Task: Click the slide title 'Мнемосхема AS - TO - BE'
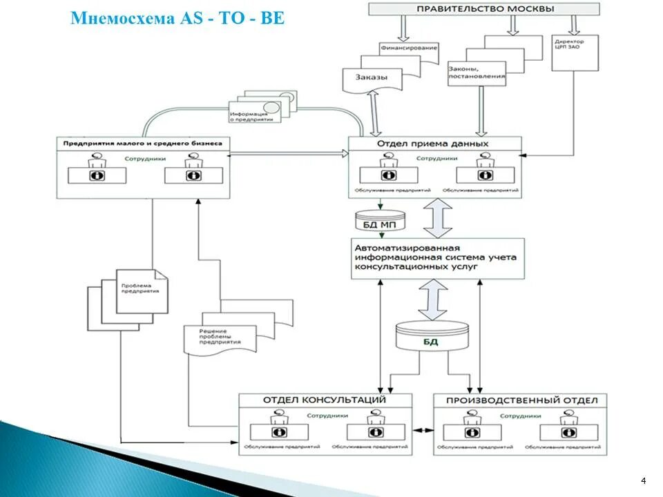coord(177,18)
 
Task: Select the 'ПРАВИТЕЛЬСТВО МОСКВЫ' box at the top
coord(484,9)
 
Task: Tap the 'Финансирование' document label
coord(408,48)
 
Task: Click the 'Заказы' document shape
coord(372,77)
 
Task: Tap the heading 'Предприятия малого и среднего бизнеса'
coord(143,144)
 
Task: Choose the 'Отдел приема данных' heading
coord(433,144)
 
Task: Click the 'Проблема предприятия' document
coord(141,289)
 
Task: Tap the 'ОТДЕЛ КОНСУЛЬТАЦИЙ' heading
coord(324,400)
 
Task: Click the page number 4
coord(644,480)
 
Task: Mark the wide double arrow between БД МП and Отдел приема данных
coord(437,218)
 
